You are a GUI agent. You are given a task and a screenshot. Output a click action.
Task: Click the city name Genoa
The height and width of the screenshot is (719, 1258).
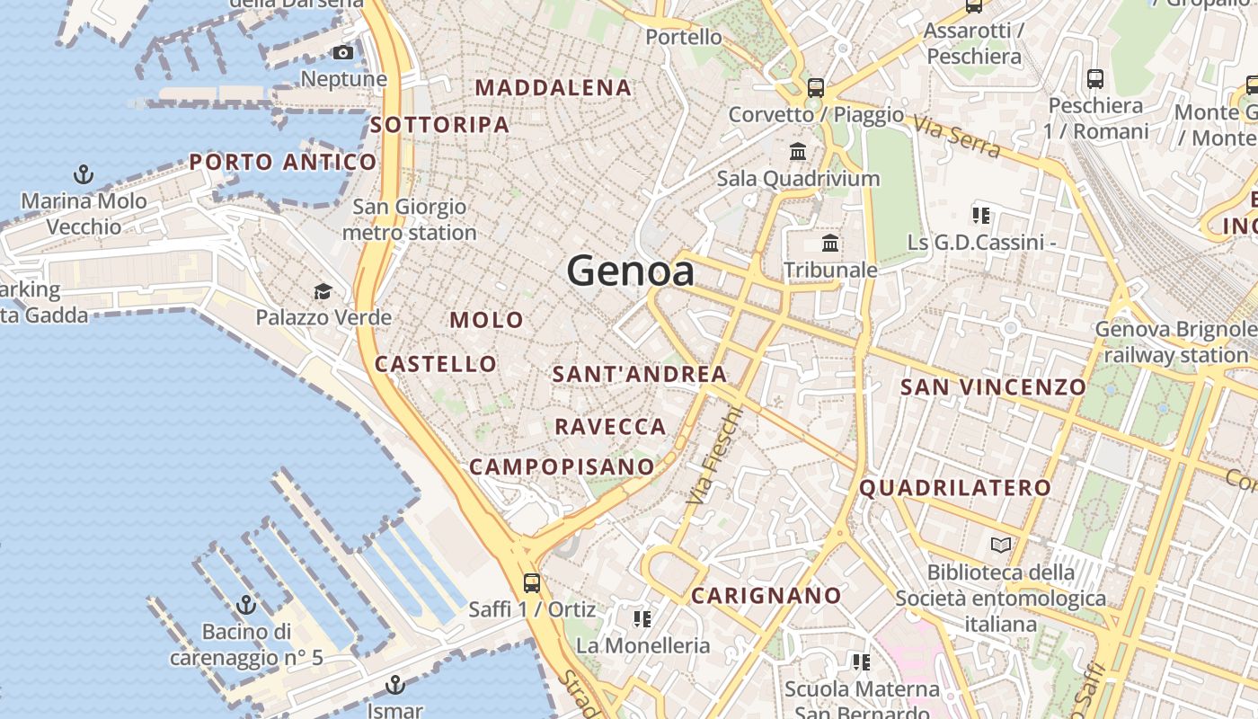pyautogui.click(x=630, y=271)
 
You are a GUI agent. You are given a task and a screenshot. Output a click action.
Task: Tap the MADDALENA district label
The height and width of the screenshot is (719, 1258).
pyautogui.click(x=554, y=88)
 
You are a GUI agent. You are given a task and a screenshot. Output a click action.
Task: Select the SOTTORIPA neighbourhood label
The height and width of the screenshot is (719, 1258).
pyautogui.click(x=440, y=125)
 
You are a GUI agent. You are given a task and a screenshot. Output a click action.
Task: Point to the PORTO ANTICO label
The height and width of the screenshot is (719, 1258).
pyautogui.click(x=283, y=163)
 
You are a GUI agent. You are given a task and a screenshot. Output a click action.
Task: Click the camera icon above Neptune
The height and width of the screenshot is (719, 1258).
pyautogui.click(x=343, y=53)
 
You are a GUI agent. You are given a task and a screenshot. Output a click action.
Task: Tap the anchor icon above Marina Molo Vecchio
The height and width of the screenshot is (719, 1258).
pyautogui.click(x=84, y=174)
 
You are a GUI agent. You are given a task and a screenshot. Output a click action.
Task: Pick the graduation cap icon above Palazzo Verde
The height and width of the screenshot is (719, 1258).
pyautogui.click(x=323, y=291)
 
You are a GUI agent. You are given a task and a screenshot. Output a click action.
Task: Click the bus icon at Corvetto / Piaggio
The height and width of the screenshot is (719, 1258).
pyautogui.click(x=816, y=88)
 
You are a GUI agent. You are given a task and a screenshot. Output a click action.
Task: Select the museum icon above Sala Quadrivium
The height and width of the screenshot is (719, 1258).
pyautogui.click(x=798, y=151)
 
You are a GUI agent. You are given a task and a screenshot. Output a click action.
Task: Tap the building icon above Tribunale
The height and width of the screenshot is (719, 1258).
pyautogui.click(x=830, y=244)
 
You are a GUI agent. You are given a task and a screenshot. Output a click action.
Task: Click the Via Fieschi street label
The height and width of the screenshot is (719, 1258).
pyautogui.click(x=715, y=454)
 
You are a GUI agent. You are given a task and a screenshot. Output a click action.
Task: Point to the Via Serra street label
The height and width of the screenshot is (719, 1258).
pyautogui.click(x=958, y=137)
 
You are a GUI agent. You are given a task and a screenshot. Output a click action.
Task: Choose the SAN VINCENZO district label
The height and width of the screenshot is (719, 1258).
pyautogui.click(x=993, y=387)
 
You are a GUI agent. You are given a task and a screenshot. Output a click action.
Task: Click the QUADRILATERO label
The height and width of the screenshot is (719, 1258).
pyautogui.click(x=955, y=488)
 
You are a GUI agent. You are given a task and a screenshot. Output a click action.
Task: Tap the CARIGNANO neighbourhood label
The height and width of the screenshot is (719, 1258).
pyautogui.click(x=766, y=595)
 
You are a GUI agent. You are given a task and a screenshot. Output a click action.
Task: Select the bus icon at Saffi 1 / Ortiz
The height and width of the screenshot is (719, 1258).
pyautogui.click(x=532, y=582)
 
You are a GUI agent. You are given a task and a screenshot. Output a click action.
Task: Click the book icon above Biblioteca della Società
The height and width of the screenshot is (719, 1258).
pyautogui.click(x=1001, y=545)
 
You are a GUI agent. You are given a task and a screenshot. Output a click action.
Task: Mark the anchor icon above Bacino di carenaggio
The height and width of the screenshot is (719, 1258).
pyautogui.click(x=246, y=604)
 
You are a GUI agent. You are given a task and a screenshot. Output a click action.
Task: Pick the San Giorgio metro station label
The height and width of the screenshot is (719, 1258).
pyautogui.click(x=410, y=219)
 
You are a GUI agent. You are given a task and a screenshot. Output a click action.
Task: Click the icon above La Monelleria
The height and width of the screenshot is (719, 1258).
pyautogui.click(x=642, y=618)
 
